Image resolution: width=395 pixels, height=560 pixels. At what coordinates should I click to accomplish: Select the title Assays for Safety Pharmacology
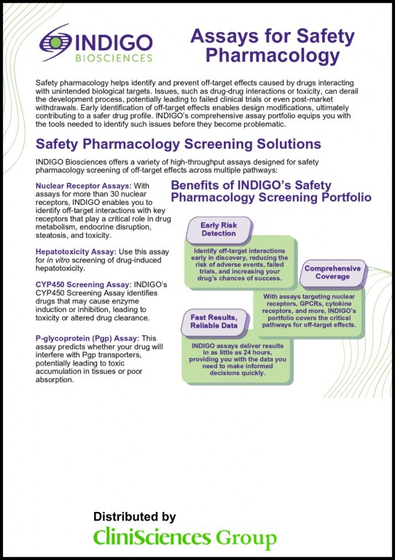pos(273,45)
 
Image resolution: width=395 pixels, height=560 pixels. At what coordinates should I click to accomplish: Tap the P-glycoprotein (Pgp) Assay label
pos(86,338)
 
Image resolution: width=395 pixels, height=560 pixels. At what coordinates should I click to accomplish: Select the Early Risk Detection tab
pos(219,230)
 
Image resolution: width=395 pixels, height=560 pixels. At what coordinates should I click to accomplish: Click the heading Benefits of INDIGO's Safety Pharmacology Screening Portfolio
pos(271,191)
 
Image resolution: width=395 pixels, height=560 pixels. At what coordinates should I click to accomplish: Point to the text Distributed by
pos(135,516)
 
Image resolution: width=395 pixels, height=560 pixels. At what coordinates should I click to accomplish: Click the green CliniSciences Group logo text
pos(184,539)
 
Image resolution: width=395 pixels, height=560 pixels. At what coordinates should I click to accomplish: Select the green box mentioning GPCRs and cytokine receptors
pos(310,310)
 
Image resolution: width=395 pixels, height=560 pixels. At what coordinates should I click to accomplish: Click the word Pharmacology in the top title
pos(273,55)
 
